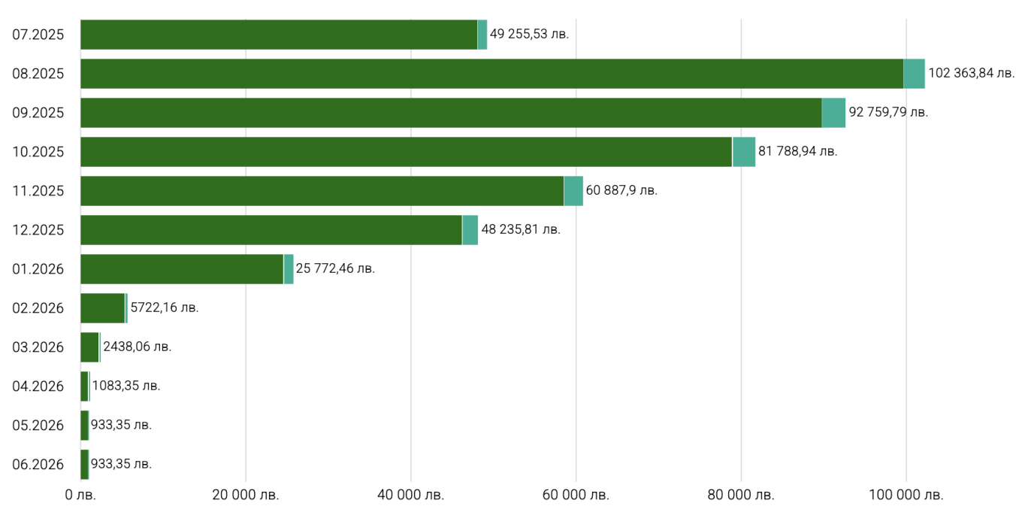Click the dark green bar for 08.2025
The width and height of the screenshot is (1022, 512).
point(491,74)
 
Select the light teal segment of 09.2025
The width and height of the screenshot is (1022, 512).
point(833,113)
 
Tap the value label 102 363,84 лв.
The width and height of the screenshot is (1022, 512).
point(972,74)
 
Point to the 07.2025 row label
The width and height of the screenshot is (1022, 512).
point(38,35)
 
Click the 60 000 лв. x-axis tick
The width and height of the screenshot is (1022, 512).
point(576,495)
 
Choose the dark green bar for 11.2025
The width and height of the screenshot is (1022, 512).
point(322,191)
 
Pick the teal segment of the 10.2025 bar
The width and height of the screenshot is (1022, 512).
point(744,152)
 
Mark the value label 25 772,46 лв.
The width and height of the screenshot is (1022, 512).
point(335,268)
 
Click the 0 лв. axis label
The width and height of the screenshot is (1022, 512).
point(80,495)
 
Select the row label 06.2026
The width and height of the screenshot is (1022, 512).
point(38,464)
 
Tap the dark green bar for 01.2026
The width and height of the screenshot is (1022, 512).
point(182,269)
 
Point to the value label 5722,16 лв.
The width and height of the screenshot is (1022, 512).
point(165,308)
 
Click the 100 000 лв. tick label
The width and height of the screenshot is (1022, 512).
point(906,495)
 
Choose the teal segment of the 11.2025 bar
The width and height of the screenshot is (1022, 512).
point(573,191)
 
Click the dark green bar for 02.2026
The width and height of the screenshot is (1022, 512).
point(102,308)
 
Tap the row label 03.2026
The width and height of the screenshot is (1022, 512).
point(38,347)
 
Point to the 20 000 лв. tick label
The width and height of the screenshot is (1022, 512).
point(246,495)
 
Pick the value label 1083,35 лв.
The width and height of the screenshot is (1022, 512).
point(126,386)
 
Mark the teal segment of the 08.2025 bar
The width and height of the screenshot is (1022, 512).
point(914,74)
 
